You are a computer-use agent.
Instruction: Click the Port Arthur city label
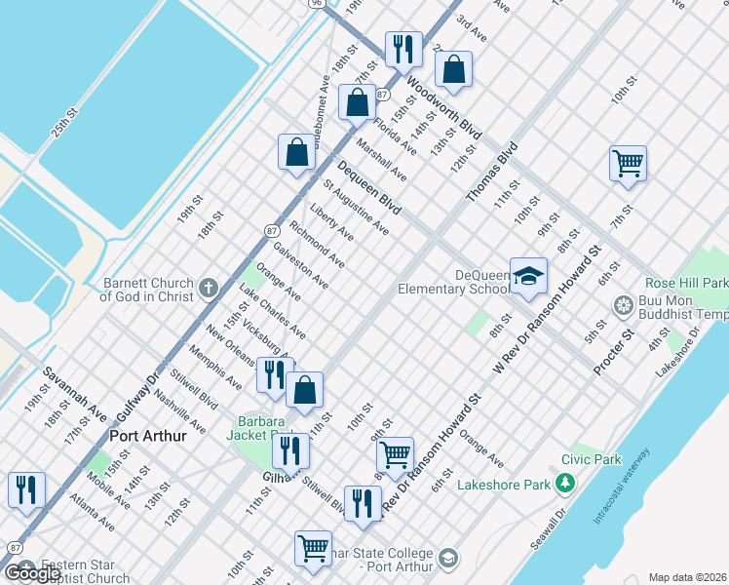pyautogui.click(x=147, y=436)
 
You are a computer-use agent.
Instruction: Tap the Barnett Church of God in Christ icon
pyautogui.click(x=208, y=289)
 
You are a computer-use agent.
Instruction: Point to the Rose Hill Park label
pyautogui.click(x=686, y=283)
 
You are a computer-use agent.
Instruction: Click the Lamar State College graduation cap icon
pyautogui.click(x=448, y=559)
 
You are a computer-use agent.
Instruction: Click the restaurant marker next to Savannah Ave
pyautogui.click(x=26, y=488)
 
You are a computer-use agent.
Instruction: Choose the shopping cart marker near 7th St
pyautogui.click(x=628, y=163)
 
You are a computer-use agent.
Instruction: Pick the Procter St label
pyautogui.click(x=614, y=352)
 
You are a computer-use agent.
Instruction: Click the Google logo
pyautogui.click(x=33, y=573)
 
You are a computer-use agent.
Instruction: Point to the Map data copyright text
pyautogui.click(x=687, y=577)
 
